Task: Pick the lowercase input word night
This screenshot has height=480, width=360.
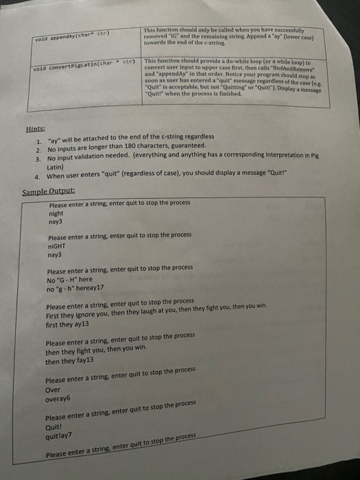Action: pyautogui.click(x=57, y=213)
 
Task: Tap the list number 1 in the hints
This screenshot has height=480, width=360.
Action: pyautogui.click(x=39, y=136)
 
